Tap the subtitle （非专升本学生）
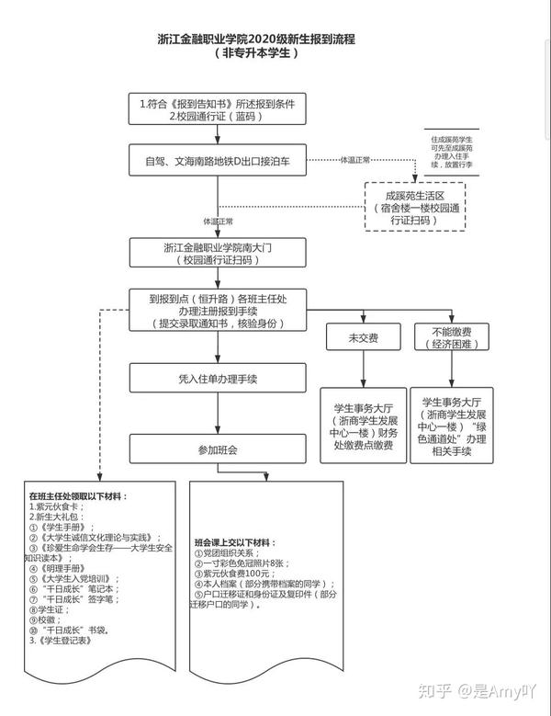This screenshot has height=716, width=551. pos(256,54)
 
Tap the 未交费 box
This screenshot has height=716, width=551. pos(363,337)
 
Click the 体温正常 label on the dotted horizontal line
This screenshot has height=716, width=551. pos(354,160)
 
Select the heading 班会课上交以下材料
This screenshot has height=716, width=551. pos(241,541)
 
